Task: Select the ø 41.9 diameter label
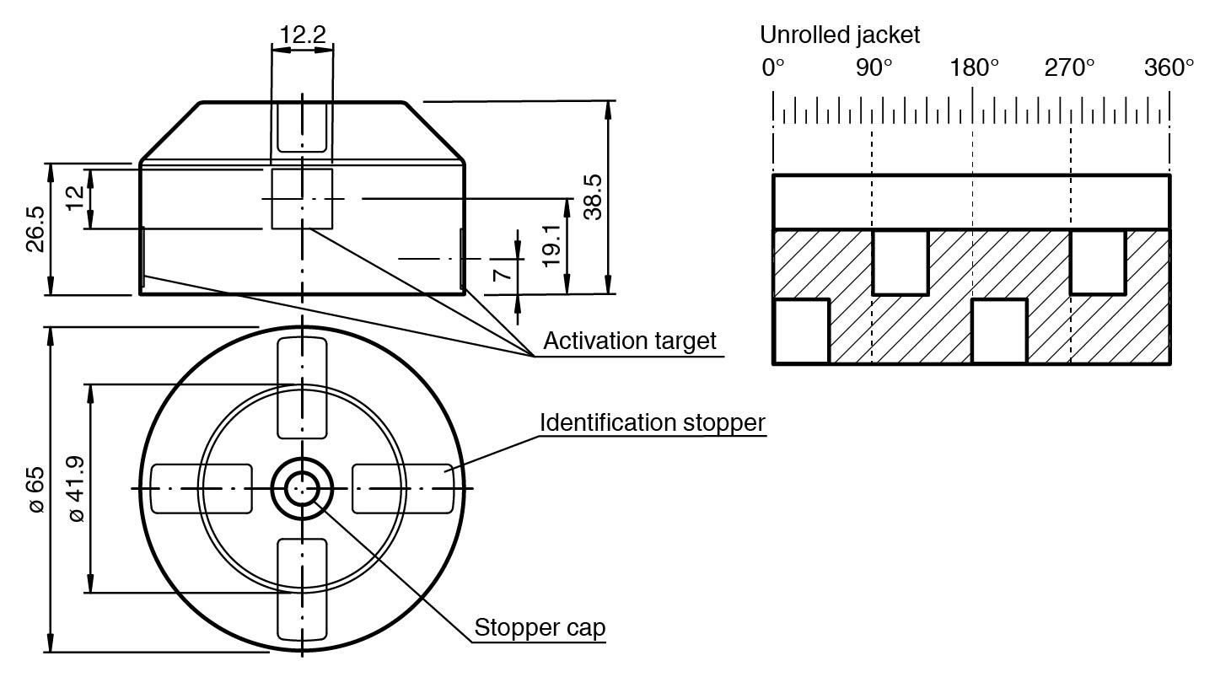(x=75, y=489)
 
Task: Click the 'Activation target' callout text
(x=629, y=341)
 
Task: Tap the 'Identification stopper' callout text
(x=653, y=422)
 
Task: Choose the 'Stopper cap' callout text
(x=540, y=628)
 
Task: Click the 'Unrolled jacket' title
(x=840, y=35)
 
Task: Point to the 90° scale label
(x=874, y=67)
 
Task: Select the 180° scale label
(x=975, y=67)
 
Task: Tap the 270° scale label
(x=1069, y=67)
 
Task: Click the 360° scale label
(x=1169, y=67)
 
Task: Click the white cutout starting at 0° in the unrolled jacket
(x=801, y=330)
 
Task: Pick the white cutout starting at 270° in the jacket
(x=1097, y=261)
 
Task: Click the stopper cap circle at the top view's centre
(x=302, y=488)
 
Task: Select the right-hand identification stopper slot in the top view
(x=402, y=488)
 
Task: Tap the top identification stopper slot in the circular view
(x=302, y=387)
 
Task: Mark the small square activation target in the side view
(x=302, y=198)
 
